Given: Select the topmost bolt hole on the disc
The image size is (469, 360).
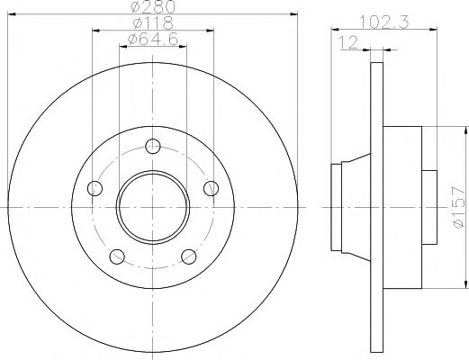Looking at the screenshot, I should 153,145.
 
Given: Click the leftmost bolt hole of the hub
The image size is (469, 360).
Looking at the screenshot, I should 94,188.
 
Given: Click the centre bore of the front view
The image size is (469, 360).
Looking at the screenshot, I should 153,206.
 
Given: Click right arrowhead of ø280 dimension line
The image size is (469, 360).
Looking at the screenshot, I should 294,14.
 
